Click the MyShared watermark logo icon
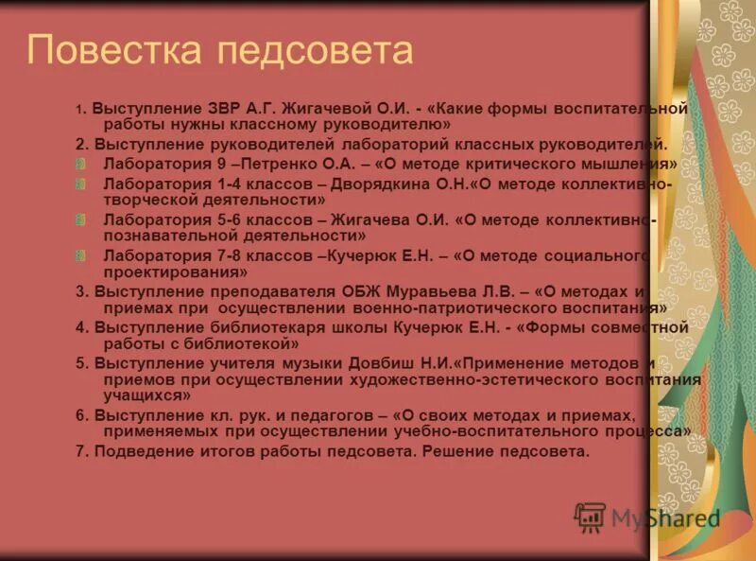(590, 517)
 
